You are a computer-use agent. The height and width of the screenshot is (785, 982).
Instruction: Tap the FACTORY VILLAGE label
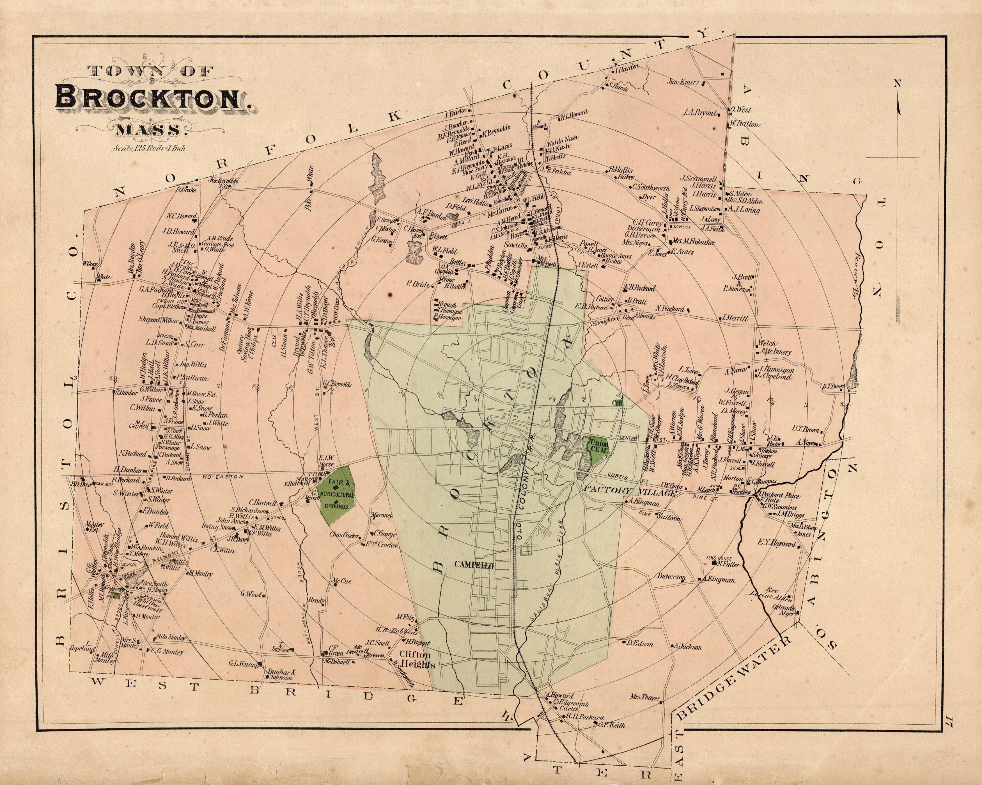pyautogui.click(x=630, y=491)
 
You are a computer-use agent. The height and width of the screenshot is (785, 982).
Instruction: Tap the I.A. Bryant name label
pyautogui.click(x=700, y=112)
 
